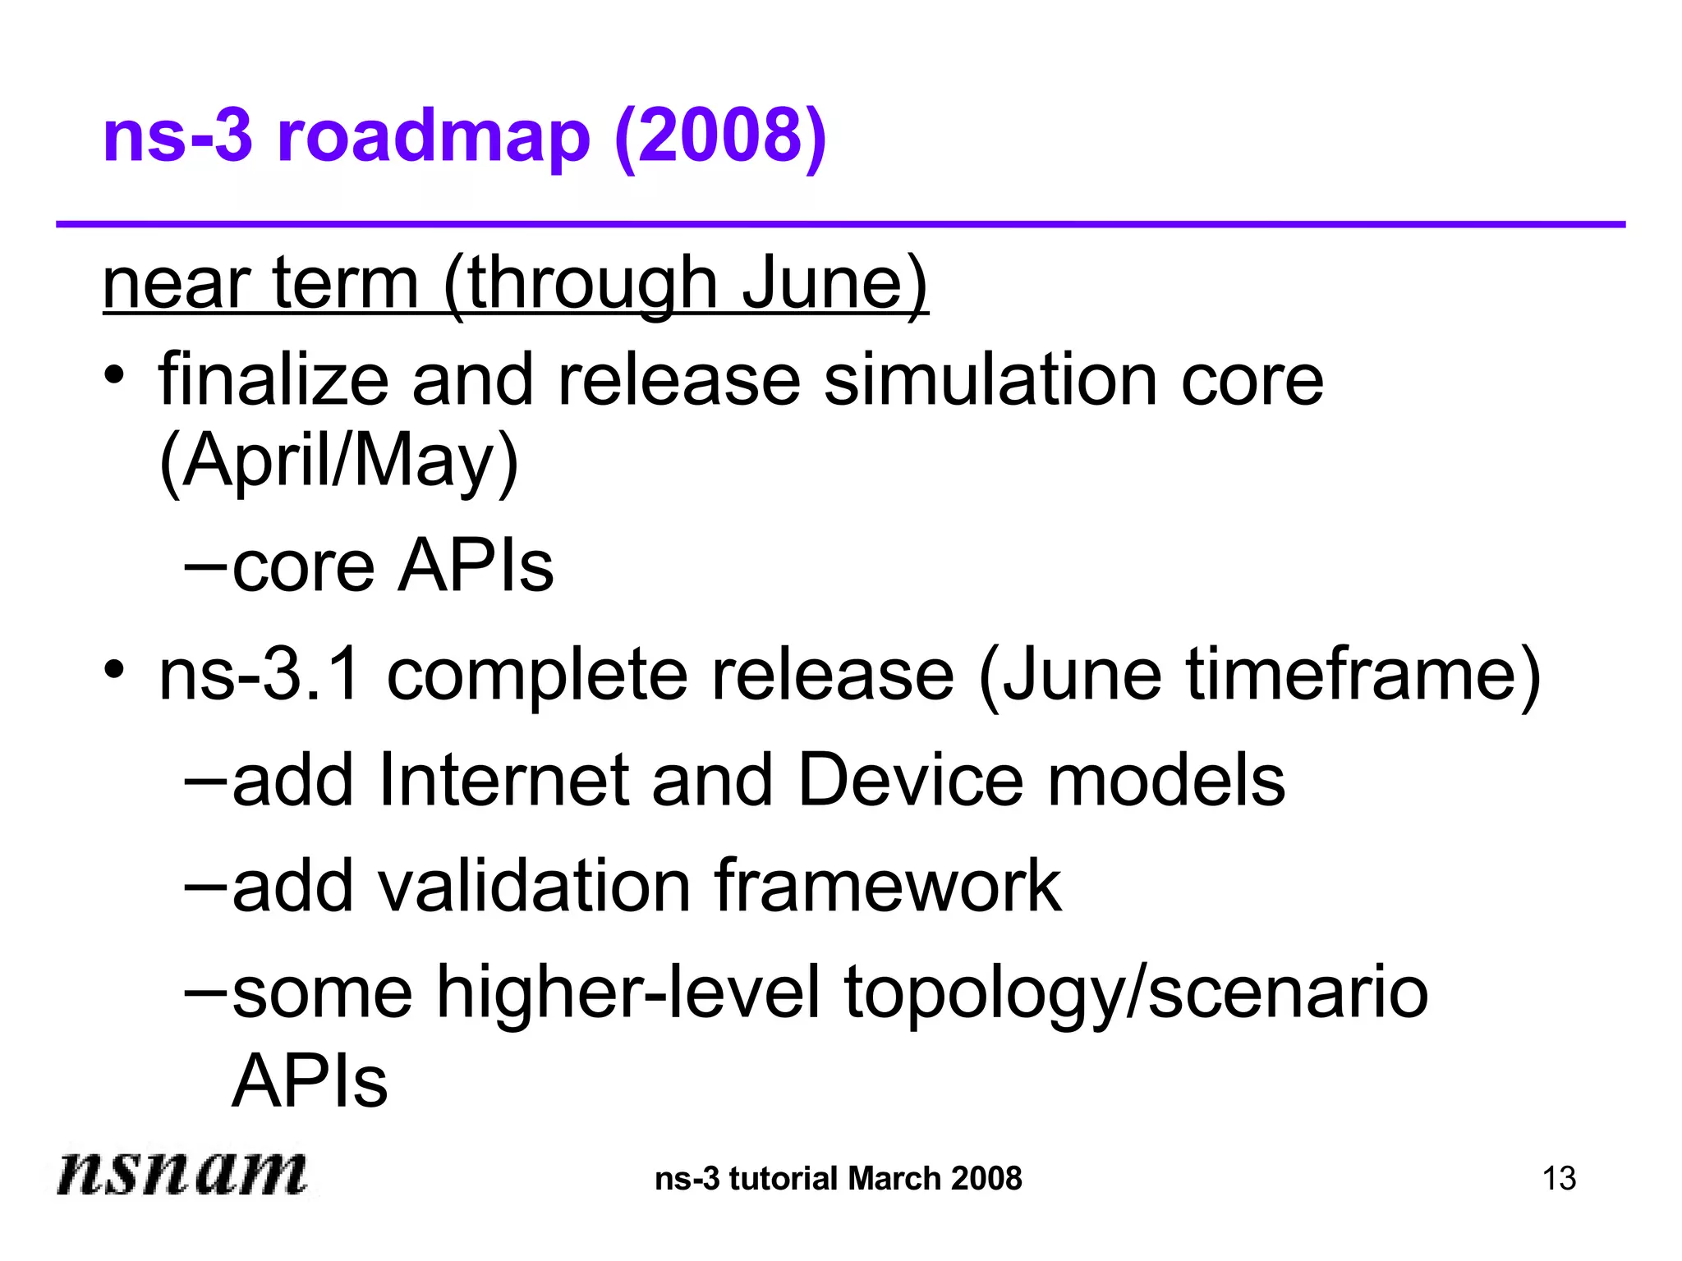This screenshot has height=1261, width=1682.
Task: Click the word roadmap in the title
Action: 433,137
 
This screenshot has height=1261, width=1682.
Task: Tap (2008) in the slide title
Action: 719,137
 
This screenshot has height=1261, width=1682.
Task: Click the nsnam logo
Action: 182,1172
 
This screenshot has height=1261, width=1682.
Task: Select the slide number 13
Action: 1558,1179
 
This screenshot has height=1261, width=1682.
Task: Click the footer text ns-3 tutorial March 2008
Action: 838,1179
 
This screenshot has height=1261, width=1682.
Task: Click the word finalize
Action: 273,379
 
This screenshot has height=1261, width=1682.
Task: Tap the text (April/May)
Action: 338,461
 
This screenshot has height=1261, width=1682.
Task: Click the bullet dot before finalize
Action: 114,375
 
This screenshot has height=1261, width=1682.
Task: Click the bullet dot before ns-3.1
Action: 114,669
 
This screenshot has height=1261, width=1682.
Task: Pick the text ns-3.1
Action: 259,675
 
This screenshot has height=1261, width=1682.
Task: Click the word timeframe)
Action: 1363,675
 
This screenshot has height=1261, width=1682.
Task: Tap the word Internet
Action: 503,780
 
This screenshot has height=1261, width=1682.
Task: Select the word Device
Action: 910,780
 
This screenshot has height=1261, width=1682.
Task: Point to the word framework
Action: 887,886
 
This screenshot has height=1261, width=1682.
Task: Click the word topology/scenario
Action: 1136,993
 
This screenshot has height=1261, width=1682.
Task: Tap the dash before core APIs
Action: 205,566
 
